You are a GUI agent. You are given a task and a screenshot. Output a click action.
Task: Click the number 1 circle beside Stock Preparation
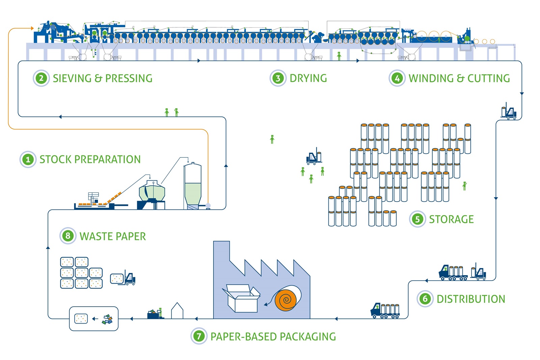click(28, 159)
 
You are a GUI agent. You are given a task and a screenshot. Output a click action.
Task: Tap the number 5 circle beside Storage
click(417, 219)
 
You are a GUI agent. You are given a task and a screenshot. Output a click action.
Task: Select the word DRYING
click(308, 78)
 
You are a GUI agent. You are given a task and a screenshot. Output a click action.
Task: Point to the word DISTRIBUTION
click(471, 299)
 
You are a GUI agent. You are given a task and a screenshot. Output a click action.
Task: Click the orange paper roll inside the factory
click(287, 299)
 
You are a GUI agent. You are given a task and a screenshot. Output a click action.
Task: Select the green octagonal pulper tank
click(152, 191)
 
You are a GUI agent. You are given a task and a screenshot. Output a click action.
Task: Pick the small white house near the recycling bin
click(177, 311)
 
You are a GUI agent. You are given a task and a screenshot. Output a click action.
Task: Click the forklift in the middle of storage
click(314, 157)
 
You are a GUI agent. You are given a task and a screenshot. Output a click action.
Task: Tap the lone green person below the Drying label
click(272, 139)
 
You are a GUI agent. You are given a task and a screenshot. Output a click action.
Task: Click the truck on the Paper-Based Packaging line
click(385, 310)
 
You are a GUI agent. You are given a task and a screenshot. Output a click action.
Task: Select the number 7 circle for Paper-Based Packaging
click(199, 336)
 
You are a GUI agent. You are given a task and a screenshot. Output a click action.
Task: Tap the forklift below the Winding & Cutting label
click(509, 111)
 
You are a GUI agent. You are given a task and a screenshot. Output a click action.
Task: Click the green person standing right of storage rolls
click(464, 186)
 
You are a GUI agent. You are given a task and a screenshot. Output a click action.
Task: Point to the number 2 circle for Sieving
click(41, 78)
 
